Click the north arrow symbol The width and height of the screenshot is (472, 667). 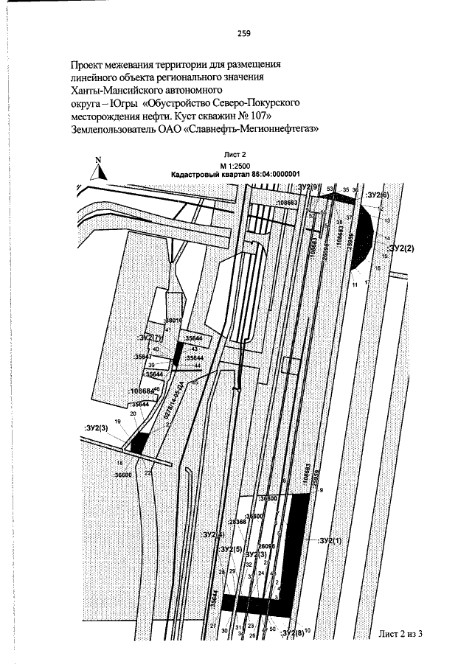click(99, 170)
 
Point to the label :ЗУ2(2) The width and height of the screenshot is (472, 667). click(401, 248)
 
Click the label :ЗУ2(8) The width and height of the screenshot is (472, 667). click(293, 633)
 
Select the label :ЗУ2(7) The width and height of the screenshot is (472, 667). click(148, 337)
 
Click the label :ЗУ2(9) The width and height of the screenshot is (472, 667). click(305, 188)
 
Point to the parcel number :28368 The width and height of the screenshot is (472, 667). click(236, 523)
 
